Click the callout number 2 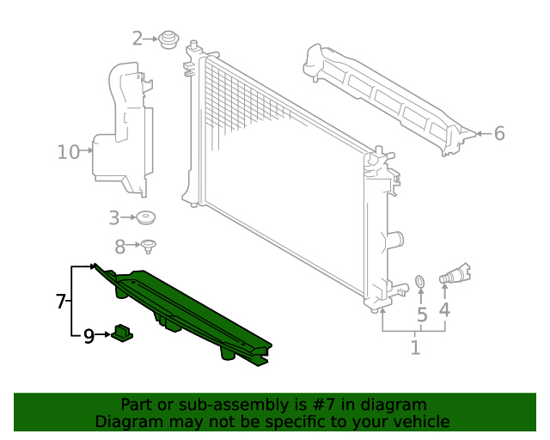tap(137, 39)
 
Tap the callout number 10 tap(68, 153)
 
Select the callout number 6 tap(499, 133)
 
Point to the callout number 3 tap(114, 217)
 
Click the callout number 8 tap(120, 245)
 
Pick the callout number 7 tap(61, 301)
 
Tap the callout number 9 tap(89, 336)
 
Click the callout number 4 tap(444, 309)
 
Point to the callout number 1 tap(415, 348)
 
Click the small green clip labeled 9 tap(121, 332)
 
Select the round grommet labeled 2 tap(168, 40)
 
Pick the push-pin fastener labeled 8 tap(149, 247)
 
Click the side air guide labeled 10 tap(120, 129)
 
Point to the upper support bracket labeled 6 tap(387, 95)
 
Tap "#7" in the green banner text tap(339, 405)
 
